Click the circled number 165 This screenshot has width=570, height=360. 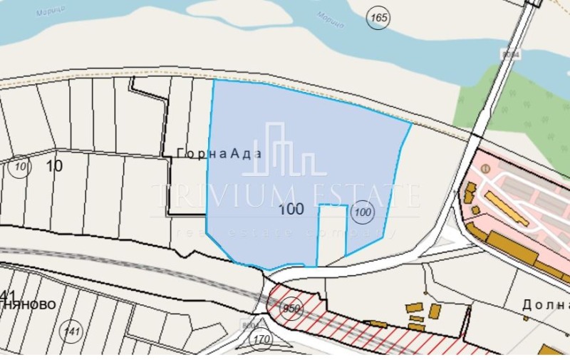378,18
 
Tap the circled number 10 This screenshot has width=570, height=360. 21,168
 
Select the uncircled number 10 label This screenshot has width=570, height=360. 54,166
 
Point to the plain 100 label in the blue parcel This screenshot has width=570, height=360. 291,210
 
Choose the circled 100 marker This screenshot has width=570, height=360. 363,211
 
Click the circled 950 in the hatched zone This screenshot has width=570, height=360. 291,309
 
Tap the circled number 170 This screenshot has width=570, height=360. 262,339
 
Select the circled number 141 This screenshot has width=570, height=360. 72,329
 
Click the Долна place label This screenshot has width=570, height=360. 546,304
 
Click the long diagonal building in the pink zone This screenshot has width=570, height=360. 507,208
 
